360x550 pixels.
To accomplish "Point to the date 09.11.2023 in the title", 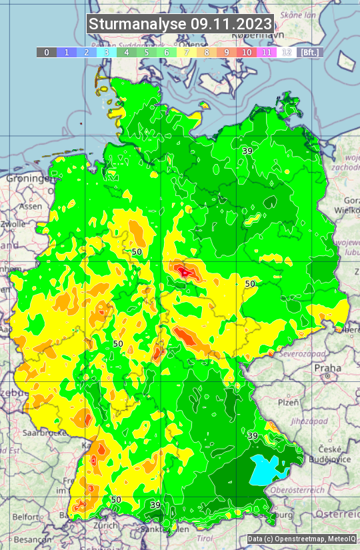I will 231,24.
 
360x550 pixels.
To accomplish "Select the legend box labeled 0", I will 46,52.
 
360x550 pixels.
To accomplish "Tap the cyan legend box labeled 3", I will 106,52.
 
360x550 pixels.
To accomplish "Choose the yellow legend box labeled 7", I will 186,52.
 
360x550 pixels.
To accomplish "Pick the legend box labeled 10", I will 247,52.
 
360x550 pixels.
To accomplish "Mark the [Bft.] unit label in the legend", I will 309,52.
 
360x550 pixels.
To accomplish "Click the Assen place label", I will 31,207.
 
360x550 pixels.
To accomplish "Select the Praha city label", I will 327,368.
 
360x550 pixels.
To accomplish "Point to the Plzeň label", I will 288,402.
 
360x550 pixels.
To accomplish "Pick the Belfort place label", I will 26,516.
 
